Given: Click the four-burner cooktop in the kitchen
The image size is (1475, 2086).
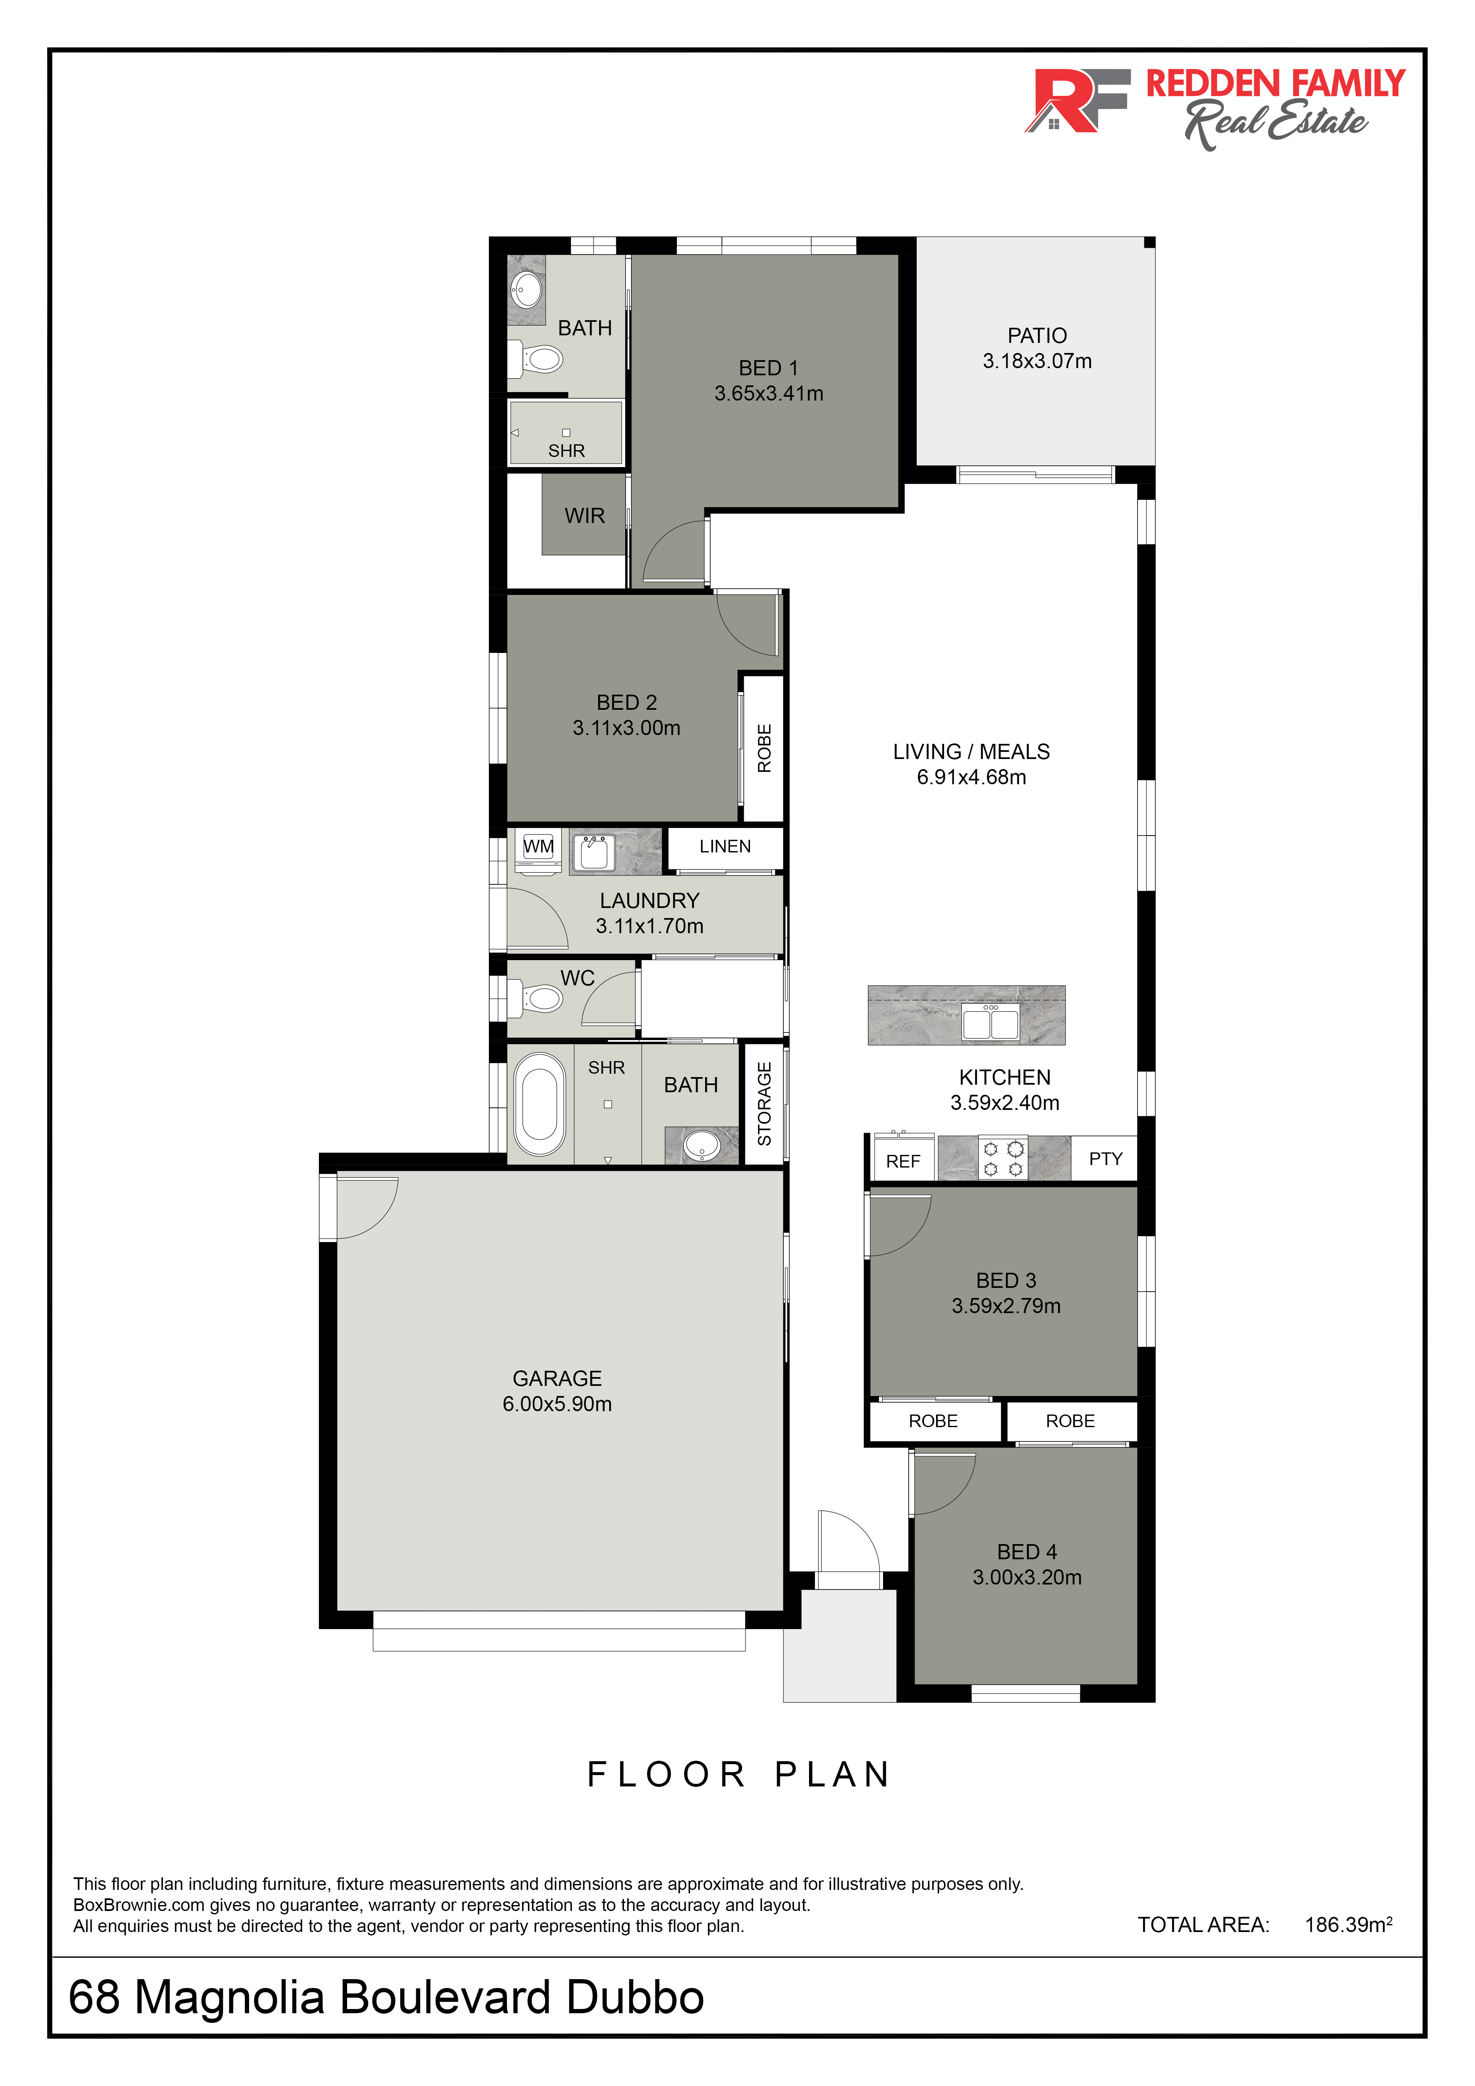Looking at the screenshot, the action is click(x=1003, y=1158).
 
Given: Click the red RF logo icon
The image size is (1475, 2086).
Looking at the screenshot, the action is click(x=1077, y=100).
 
